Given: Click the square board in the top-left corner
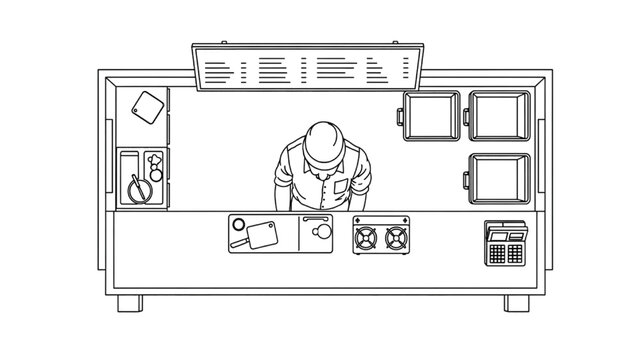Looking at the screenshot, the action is pyautogui.click(x=149, y=106).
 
